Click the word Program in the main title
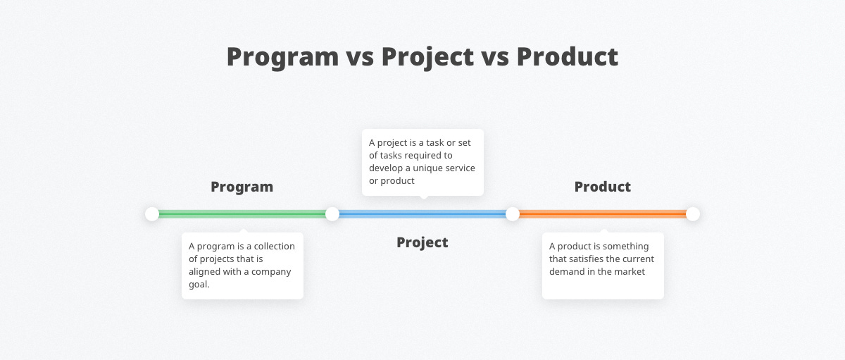pyautogui.click(x=282, y=57)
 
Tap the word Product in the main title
pyautogui.click(x=568, y=57)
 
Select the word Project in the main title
pyautogui.click(x=427, y=57)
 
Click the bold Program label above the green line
pyautogui.click(x=242, y=187)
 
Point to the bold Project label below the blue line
pyautogui.click(x=422, y=242)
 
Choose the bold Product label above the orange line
pyautogui.click(x=602, y=187)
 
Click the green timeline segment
pyautogui.click(x=242, y=213)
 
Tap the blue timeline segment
pyautogui.click(x=423, y=213)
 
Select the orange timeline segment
pyautogui.click(x=603, y=213)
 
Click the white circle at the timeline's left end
pyautogui.click(x=152, y=213)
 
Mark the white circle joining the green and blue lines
pyautogui.click(x=332, y=213)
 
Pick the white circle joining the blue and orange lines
pyautogui.click(x=513, y=213)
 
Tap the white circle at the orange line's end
pyautogui.click(x=693, y=213)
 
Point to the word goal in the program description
pyautogui.click(x=199, y=285)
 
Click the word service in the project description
pyautogui.click(x=458, y=168)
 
